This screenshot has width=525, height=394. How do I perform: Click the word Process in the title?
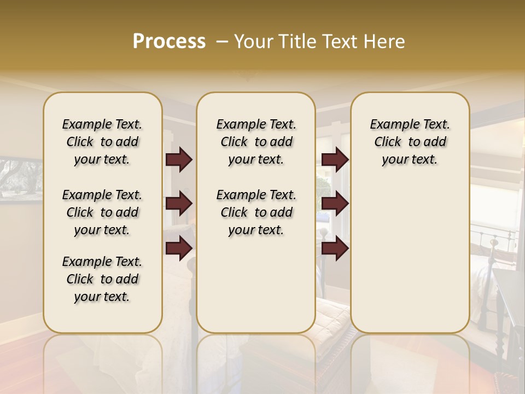[x=169, y=42]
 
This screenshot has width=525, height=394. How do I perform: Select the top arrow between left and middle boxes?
[x=179, y=160]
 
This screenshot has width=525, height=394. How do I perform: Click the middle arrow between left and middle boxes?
[x=179, y=204]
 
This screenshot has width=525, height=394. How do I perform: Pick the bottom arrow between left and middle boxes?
[x=179, y=248]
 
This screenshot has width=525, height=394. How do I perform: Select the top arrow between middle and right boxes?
[x=335, y=160]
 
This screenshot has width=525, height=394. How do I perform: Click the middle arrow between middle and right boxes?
[x=335, y=204]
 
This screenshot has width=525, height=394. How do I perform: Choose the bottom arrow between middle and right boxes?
[x=335, y=248]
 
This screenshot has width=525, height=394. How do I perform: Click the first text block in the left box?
[x=102, y=142]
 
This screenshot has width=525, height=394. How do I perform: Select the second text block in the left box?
[x=102, y=212]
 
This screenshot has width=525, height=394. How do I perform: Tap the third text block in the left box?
[x=102, y=279]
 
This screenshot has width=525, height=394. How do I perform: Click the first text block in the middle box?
[x=256, y=142]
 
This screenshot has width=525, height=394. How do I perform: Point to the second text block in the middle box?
[x=256, y=212]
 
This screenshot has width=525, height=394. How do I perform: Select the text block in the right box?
[x=410, y=142]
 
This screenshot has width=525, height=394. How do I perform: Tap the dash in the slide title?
[x=222, y=42]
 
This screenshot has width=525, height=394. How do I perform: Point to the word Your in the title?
[x=251, y=42]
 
